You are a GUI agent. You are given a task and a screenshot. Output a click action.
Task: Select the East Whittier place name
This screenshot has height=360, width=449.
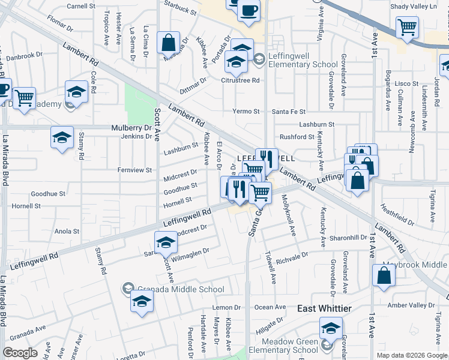[x=324, y=308]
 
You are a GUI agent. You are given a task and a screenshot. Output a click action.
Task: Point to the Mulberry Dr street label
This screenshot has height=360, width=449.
[x=131, y=128]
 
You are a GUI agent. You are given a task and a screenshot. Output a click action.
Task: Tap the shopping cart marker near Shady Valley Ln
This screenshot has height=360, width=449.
[x=407, y=27]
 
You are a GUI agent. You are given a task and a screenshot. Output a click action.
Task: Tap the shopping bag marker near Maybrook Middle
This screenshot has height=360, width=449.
[x=384, y=275]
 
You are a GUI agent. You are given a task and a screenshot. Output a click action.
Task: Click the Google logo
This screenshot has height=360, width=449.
[x=20, y=353]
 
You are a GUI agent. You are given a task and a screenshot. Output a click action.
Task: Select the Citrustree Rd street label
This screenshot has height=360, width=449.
[x=240, y=80]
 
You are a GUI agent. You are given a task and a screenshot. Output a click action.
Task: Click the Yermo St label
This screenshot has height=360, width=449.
[x=246, y=112]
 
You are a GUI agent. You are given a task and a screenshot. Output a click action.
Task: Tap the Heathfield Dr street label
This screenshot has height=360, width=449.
[x=399, y=211]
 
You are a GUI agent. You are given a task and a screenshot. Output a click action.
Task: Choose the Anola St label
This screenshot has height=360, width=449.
[x=67, y=231]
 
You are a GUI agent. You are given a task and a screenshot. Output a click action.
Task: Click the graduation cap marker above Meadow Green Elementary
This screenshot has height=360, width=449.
[x=330, y=329]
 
